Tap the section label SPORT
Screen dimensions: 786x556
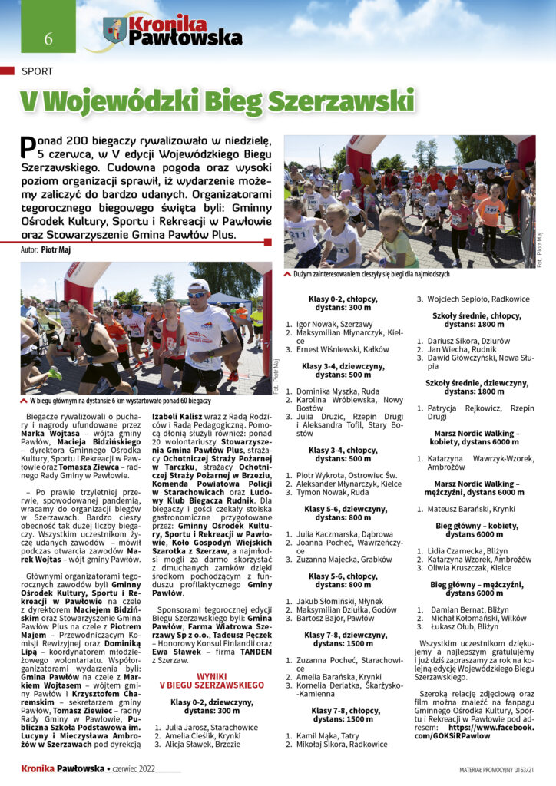pyautogui.click(x=38, y=71)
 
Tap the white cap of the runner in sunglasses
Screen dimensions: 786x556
pyautogui.click(x=197, y=286)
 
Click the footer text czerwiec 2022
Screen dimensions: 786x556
pyautogui.click(x=134, y=768)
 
